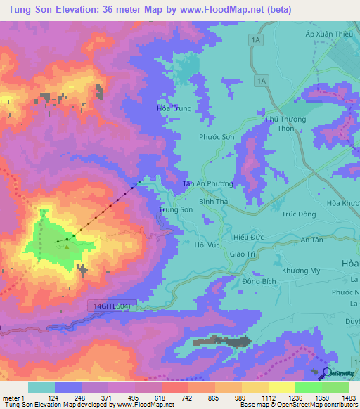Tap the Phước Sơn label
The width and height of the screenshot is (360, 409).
216,138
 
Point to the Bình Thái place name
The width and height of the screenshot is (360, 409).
214,201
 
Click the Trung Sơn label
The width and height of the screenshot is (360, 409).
176,209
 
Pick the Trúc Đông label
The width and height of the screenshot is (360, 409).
297,214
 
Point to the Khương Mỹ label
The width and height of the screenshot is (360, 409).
300,271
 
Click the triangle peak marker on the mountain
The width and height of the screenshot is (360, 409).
67,246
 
